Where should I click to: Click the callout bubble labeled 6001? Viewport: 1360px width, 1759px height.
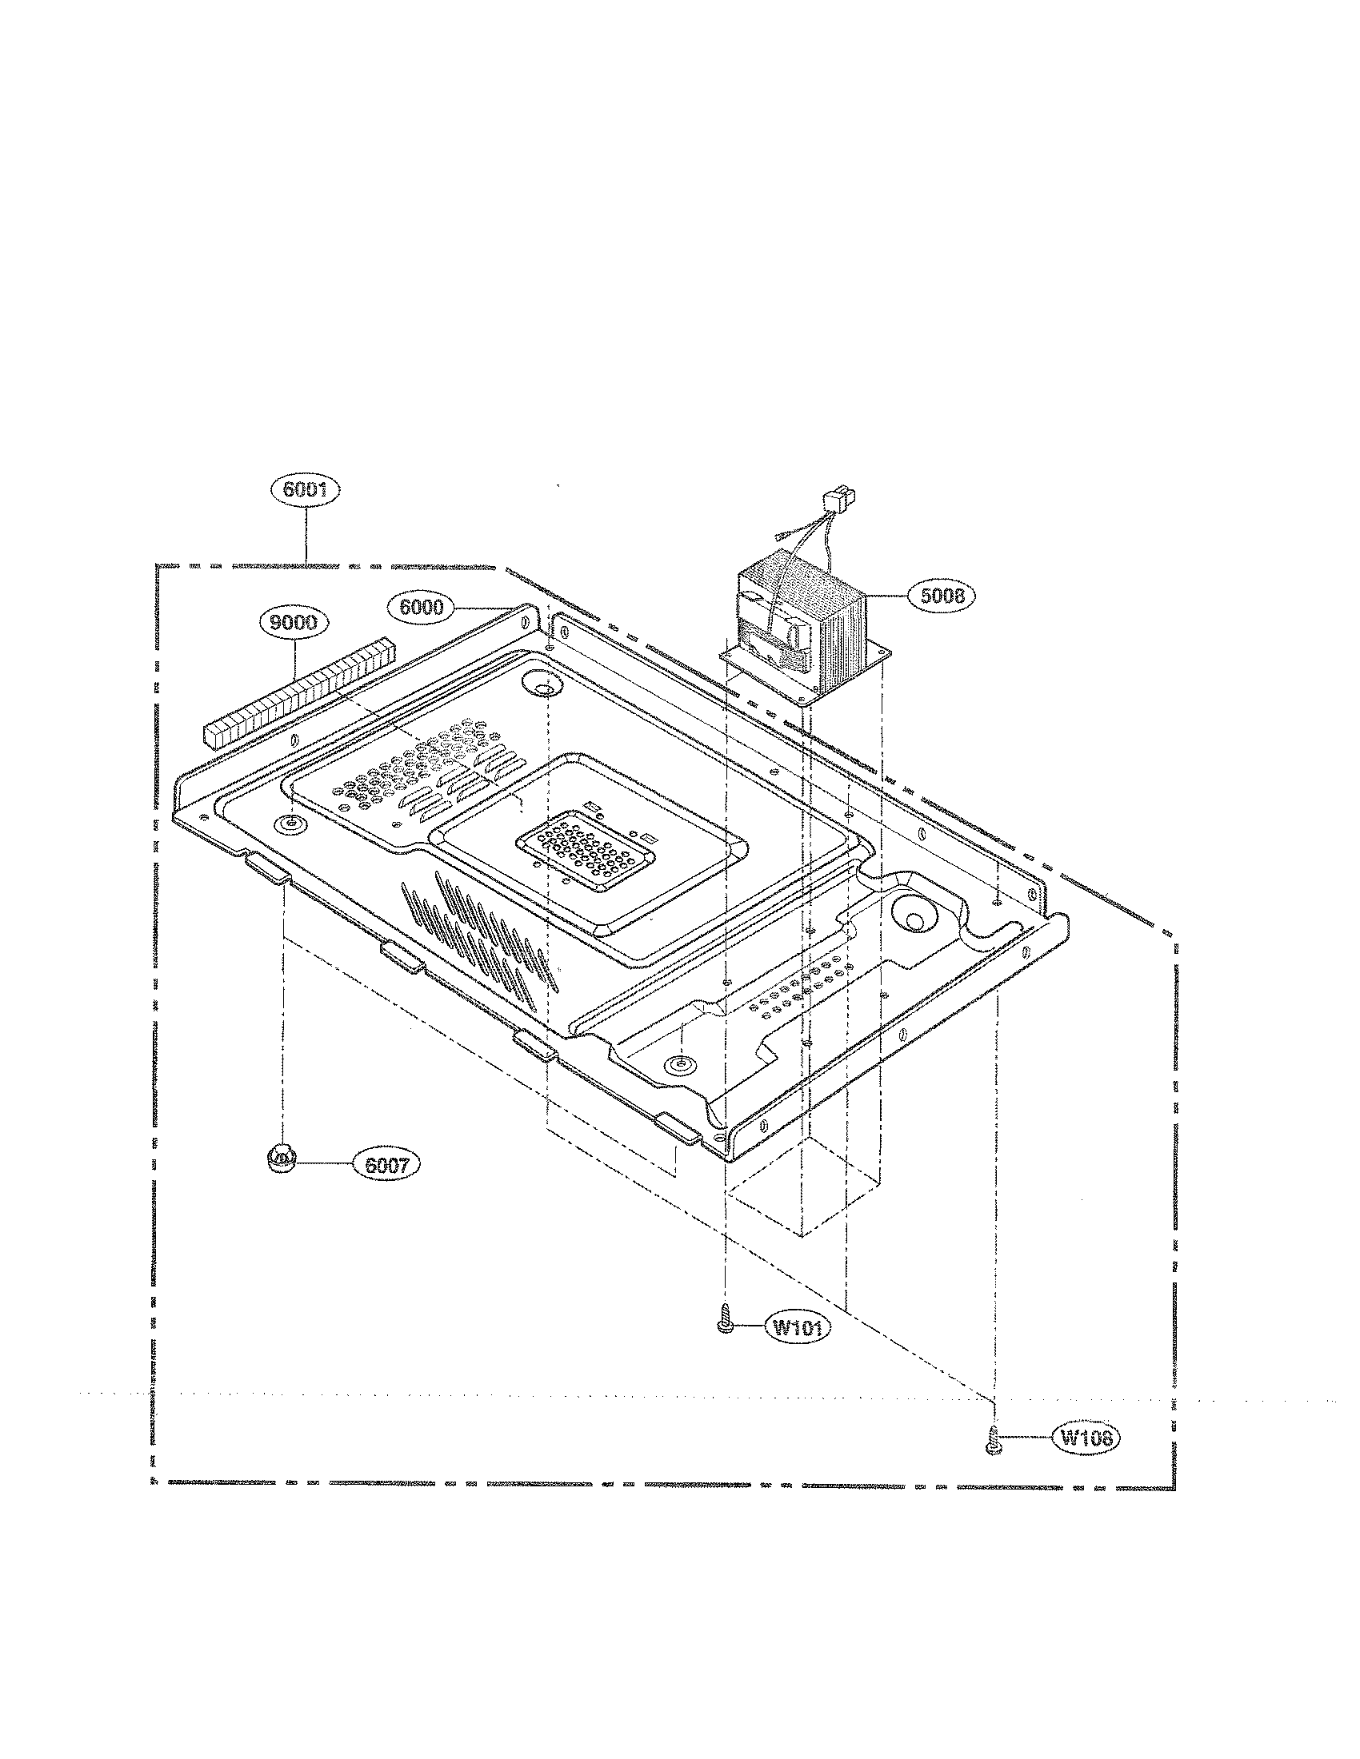pos(307,490)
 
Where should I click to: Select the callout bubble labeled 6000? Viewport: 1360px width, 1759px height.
pos(422,608)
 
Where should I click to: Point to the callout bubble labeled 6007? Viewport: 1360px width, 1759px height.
pos(386,1165)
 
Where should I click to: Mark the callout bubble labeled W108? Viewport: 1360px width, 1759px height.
pos(1087,1438)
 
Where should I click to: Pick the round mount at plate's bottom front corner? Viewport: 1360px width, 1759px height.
pos(679,1065)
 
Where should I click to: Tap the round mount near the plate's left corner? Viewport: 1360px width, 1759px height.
pos(290,823)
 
